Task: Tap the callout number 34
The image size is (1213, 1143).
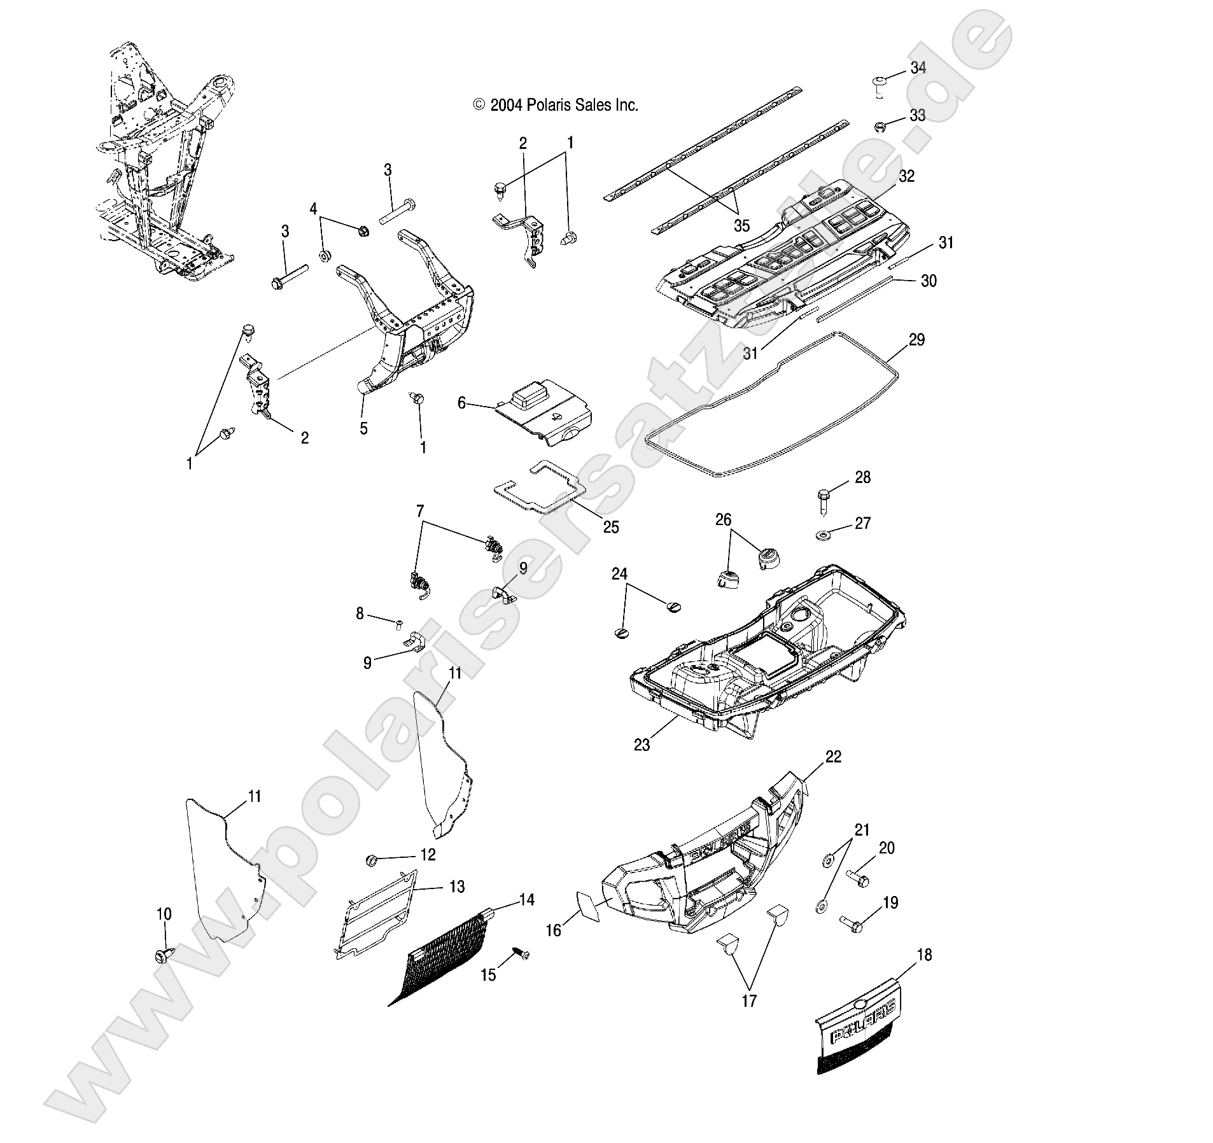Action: click(x=918, y=68)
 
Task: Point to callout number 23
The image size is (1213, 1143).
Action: click(x=642, y=744)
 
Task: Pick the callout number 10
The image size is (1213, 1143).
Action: click(x=164, y=914)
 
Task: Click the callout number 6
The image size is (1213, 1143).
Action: click(x=462, y=402)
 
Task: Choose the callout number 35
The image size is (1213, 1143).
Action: click(x=741, y=225)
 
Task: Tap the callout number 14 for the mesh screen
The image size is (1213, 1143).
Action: click(x=526, y=899)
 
